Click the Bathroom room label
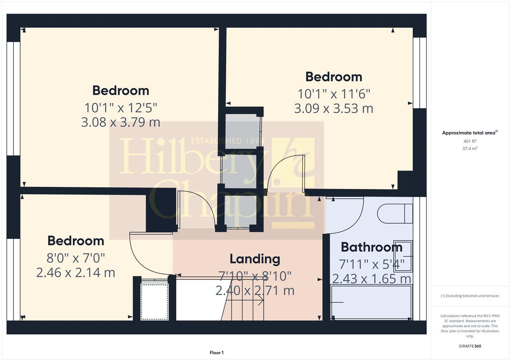(x=371, y=247)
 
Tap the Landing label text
(x=255, y=259)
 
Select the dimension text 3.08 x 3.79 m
(x=120, y=122)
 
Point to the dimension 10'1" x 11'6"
(x=334, y=94)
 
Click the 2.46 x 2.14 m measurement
(x=76, y=273)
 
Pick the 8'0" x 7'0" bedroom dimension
(x=76, y=257)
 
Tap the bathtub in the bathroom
(x=371, y=302)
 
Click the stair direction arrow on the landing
(x=252, y=300)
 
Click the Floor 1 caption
(x=217, y=353)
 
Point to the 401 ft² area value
(x=470, y=141)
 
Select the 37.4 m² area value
(x=470, y=148)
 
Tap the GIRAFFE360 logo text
(x=470, y=346)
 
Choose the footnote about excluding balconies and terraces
(x=470, y=296)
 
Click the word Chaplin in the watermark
(x=230, y=203)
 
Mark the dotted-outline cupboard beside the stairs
(x=155, y=301)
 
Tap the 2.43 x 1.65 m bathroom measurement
(x=371, y=279)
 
